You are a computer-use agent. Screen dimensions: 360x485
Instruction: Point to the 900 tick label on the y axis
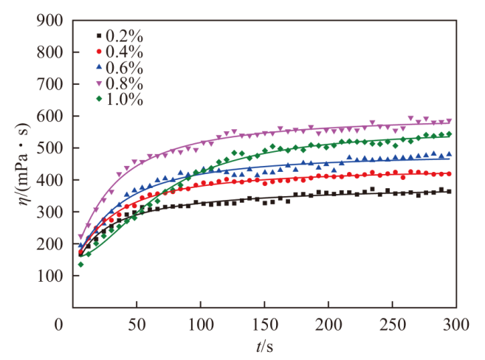tap(49, 21)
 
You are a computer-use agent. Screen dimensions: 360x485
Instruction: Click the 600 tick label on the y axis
tap(49, 117)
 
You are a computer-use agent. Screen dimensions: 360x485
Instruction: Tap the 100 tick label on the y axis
tap(49, 276)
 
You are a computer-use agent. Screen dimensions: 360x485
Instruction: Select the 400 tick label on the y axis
tap(49, 180)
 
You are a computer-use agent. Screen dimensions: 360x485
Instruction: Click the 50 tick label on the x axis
tap(137, 324)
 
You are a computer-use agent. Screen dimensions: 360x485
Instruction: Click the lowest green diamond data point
tap(80, 264)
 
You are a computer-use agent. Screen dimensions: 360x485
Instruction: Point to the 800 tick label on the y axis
tap(49, 52)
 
